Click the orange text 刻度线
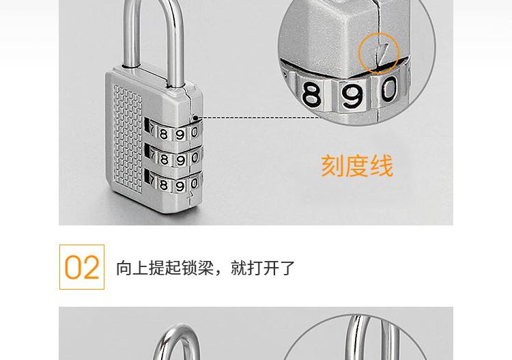357,166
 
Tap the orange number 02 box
82,267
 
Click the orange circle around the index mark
379,53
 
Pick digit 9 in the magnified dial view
352,96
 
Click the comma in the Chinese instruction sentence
221,272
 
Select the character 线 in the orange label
382,166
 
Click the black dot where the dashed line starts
195,117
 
